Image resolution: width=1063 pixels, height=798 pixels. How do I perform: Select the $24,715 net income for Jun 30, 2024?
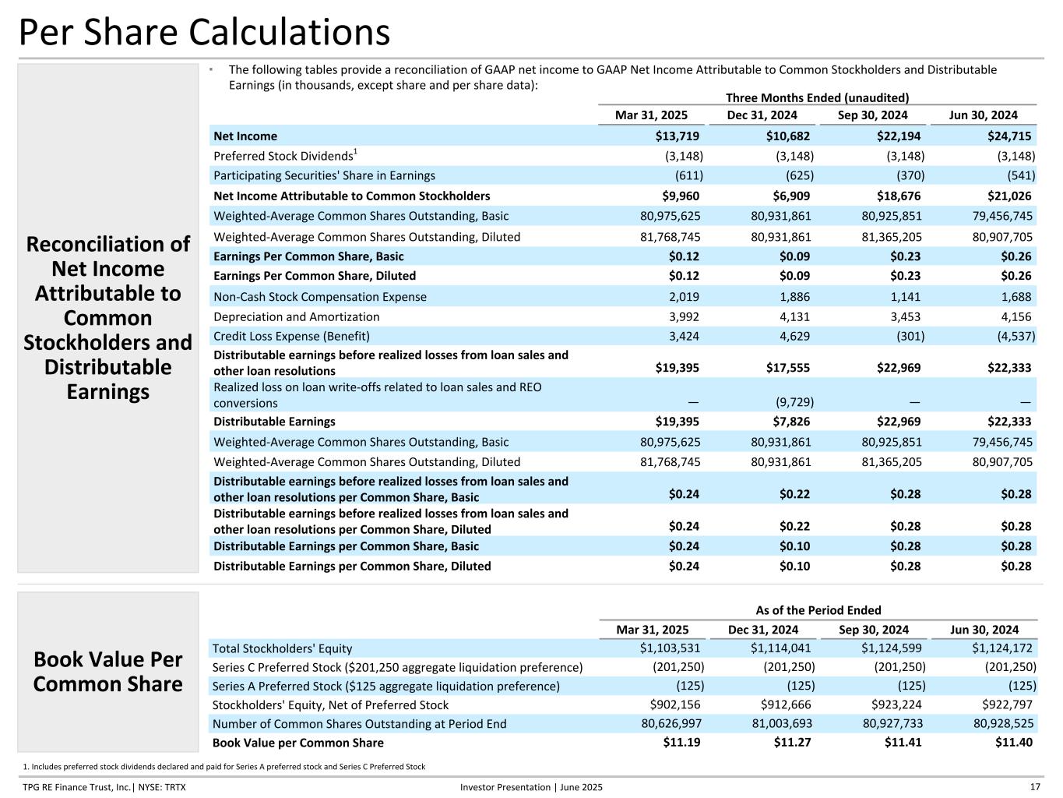(x=1009, y=136)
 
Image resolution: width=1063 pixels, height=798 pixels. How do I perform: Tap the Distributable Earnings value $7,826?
(x=789, y=422)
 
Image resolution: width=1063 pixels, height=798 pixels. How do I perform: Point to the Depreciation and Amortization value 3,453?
(x=906, y=317)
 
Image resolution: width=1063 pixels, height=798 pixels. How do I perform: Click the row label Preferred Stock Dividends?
(x=283, y=156)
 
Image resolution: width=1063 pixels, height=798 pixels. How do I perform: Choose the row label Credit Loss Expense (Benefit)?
(x=291, y=337)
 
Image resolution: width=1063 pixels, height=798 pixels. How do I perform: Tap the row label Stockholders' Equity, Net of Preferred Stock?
(x=330, y=705)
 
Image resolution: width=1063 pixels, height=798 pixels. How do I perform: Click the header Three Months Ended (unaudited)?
(x=817, y=97)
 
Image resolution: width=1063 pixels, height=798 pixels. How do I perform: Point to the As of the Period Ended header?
(x=818, y=610)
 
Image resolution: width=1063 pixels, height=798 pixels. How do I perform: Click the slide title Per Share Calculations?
(x=204, y=33)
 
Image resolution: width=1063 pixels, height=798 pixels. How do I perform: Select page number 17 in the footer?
(x=1035, y=787)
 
